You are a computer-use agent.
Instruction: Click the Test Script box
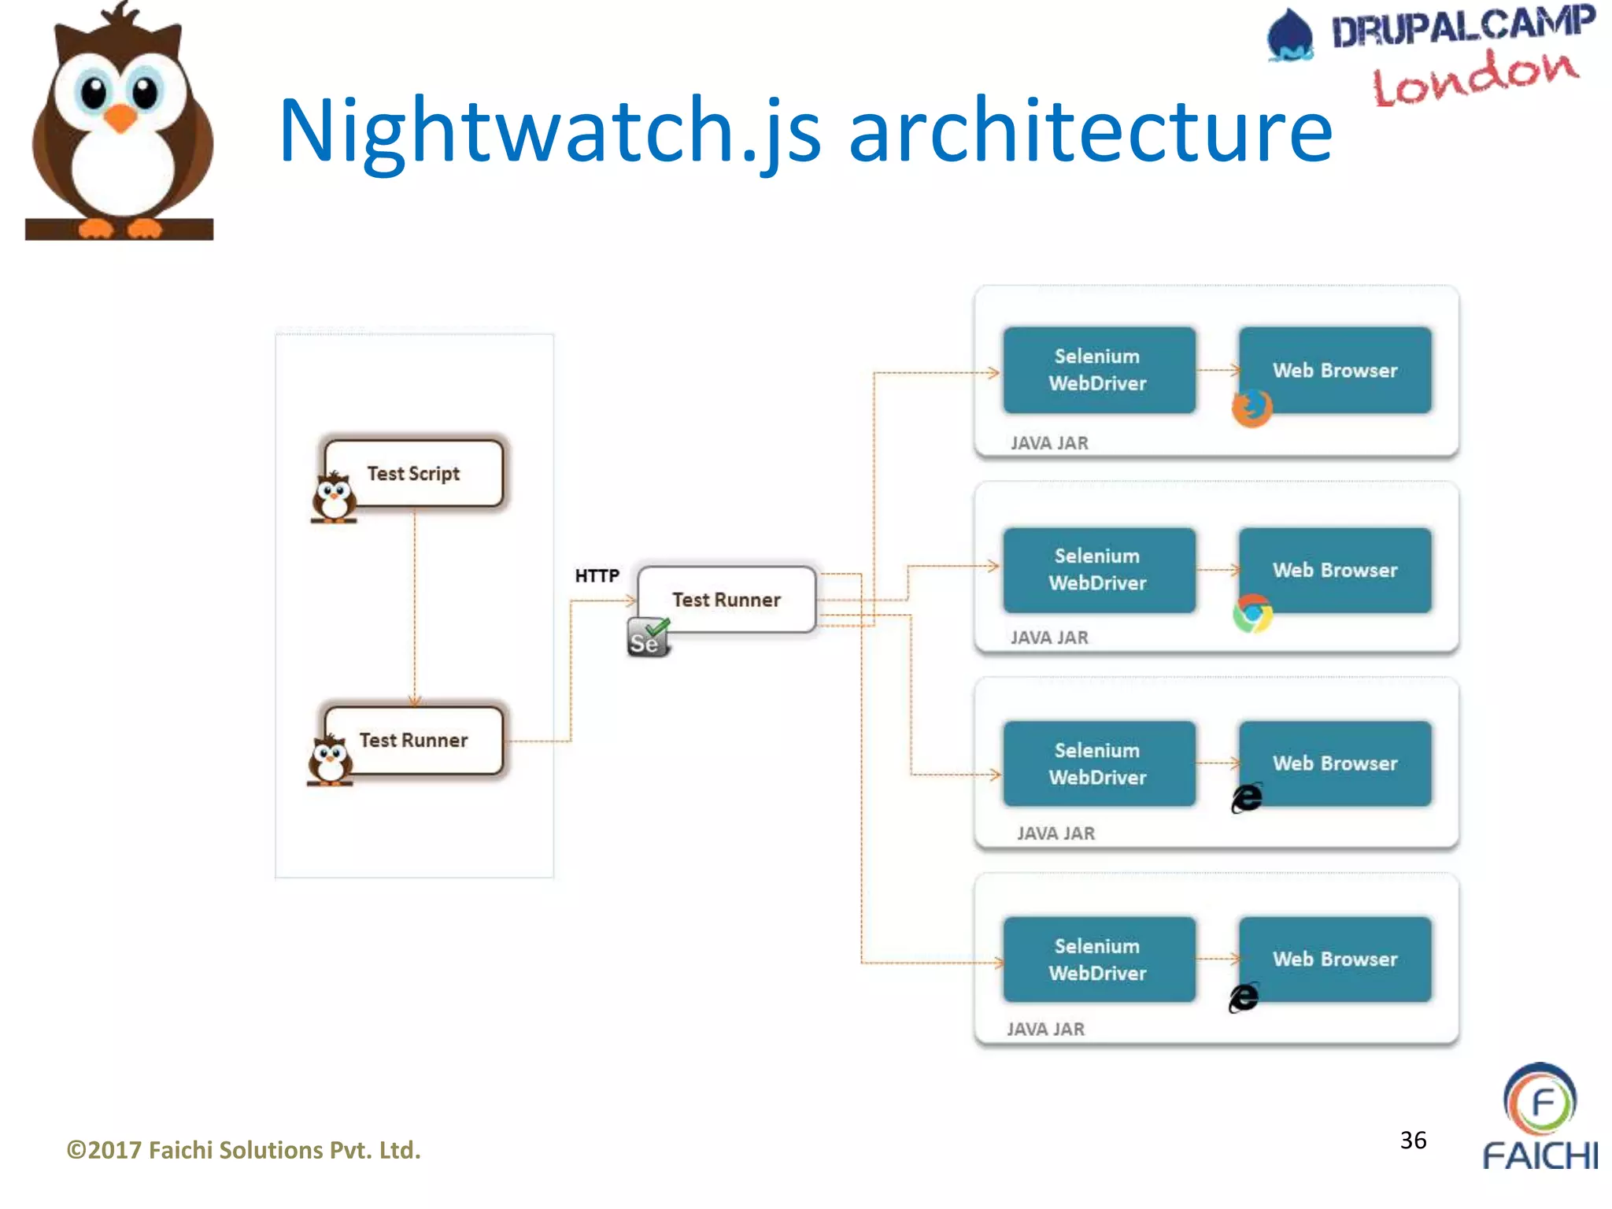414,473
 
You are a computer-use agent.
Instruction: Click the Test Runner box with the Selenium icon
726,599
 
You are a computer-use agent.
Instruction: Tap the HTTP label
597,575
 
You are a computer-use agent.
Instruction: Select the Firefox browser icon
1252,408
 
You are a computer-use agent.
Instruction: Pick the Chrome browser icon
1252,614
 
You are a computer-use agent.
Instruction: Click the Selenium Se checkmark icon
648,638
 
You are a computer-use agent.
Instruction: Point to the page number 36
1413,1140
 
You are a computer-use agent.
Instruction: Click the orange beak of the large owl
120,118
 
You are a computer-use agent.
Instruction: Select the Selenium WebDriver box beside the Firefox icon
1098,370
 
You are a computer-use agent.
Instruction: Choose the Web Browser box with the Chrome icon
1335,570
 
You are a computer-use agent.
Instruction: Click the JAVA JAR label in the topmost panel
1049,443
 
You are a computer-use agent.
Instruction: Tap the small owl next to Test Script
334,497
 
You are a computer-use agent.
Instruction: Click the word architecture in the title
1089,130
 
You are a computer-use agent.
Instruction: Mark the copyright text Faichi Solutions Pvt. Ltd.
244,1150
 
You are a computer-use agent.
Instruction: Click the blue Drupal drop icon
1290,35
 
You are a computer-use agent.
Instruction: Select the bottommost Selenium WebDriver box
1098,959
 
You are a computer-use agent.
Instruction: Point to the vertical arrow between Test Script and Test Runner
415,606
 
